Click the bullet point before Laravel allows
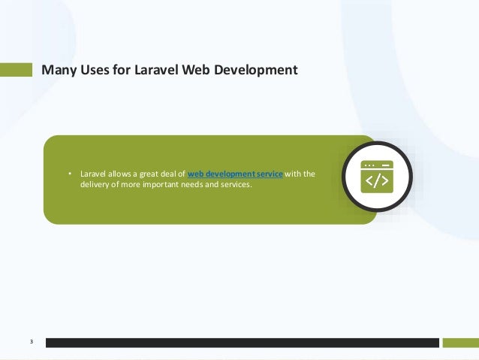[x=70, y=174]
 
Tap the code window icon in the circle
[x=376, y=177]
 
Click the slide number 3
[x=32, y=343]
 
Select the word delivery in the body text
[x=95, y=186]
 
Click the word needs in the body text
[x=188, y=186]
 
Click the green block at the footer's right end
[x=459, y=343]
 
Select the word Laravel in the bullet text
[x=92, y=174]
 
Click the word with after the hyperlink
[x=293, y=174]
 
